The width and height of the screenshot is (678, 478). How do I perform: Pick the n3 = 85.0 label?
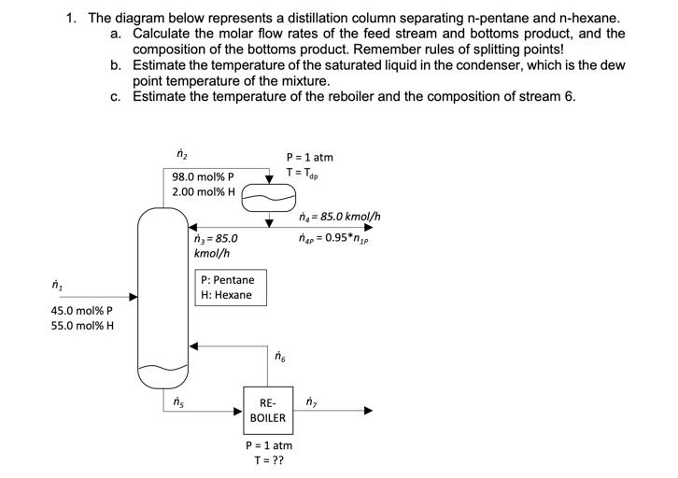coord(216,238)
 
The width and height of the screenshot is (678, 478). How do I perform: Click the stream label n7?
coord(311,402)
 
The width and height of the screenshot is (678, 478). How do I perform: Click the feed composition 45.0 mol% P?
coord(81,311)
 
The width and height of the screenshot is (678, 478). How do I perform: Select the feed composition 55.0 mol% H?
coord(82,328)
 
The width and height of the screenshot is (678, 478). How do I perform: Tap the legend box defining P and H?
coord(228,288)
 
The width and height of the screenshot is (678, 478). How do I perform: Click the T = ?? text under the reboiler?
coord(268,462)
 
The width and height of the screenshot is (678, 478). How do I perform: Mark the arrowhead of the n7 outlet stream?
coord(368,411)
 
